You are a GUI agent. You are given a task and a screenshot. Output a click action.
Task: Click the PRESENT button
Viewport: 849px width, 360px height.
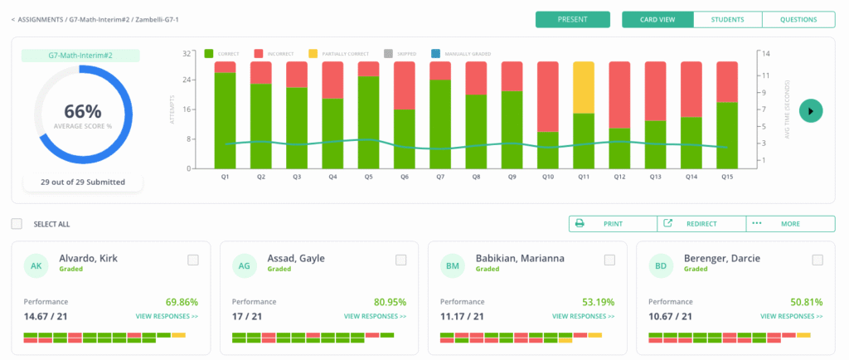pos(572,19)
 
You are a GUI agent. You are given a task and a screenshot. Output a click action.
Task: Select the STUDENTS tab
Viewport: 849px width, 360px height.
pos(727,19)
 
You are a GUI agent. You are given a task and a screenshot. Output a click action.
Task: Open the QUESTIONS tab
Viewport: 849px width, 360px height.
pos(798,19)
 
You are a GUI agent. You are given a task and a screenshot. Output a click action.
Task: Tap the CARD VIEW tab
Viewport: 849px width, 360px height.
pos(657,19)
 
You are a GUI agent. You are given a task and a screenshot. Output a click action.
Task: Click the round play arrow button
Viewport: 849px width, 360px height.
pos(811,110)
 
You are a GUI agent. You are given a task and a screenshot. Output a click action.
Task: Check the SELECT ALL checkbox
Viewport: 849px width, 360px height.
pos(17,224)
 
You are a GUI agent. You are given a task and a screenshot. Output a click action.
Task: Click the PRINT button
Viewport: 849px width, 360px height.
pos(613,224)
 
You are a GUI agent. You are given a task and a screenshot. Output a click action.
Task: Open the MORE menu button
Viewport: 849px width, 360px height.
pos(790,224)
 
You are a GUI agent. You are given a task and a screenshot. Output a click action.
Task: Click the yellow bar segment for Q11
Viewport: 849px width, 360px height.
pos(584,87)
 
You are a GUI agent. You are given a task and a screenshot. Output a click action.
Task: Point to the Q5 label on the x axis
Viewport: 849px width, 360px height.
pos(368,177)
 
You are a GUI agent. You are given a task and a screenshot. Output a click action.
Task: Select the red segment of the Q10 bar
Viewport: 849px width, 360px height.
pos(548,96)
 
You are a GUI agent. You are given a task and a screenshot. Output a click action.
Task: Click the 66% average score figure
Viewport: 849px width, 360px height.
pos(82,111)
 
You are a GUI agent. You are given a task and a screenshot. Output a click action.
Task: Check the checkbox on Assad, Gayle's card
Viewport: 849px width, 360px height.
pos(400,260)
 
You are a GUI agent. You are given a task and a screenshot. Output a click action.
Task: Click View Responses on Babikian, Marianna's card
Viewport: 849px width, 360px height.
pos(584,316)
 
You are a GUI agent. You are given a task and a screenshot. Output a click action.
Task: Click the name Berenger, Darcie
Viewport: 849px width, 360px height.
pos(719,258)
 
